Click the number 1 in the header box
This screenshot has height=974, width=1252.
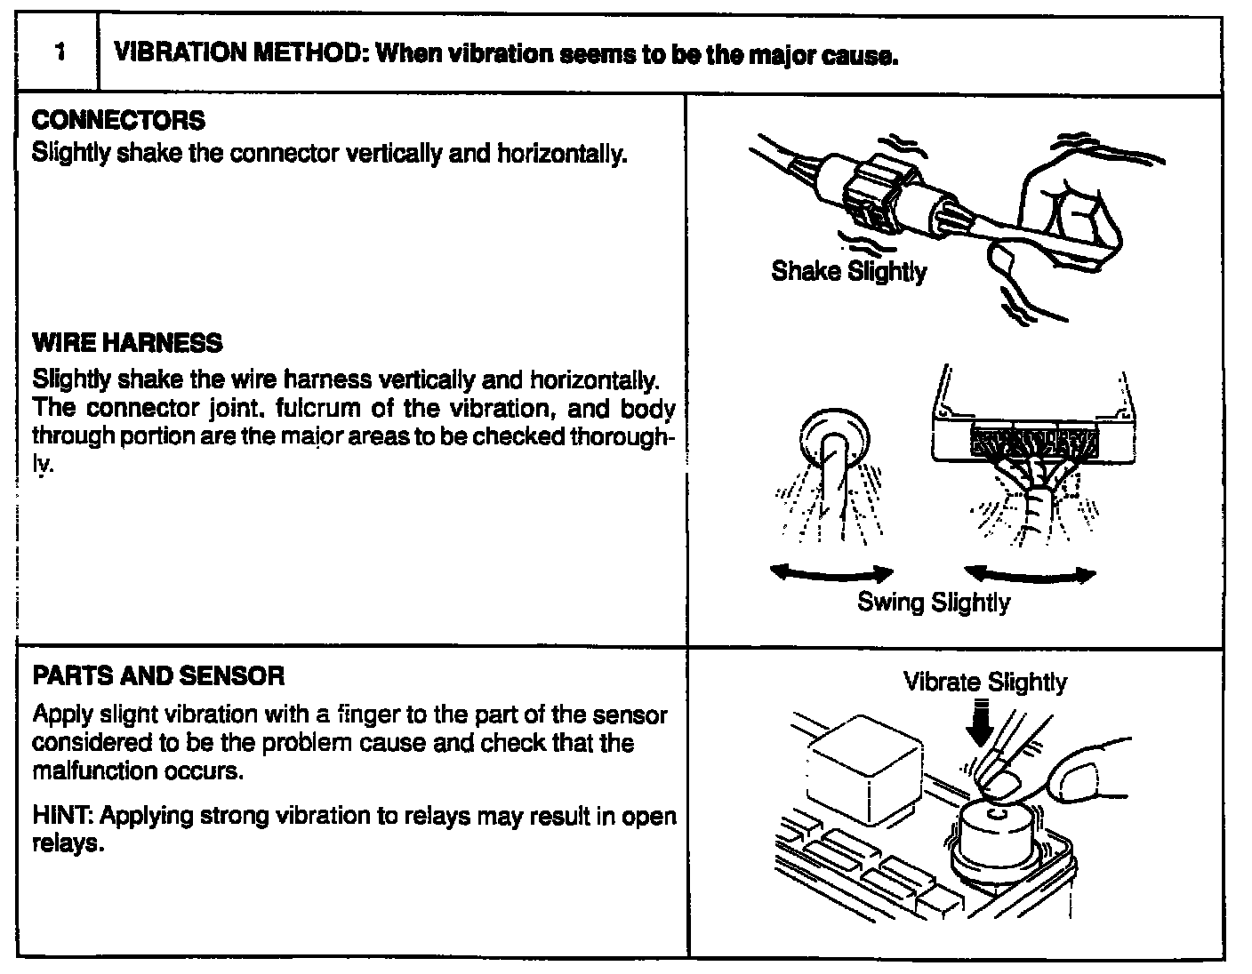point(59,53)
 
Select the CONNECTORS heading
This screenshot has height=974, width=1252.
point(118,121)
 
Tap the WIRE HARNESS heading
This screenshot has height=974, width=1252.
point(127,344)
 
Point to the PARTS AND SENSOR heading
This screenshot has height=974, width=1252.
point(158,676)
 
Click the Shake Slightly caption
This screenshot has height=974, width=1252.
point(848,271)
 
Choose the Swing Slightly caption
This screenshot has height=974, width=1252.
point(933,603)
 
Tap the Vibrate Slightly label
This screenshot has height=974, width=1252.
point(984,683)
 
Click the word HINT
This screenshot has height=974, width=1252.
point(57,816)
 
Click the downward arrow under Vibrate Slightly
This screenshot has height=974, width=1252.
point(980,723)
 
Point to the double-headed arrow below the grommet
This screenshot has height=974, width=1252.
point(831,574)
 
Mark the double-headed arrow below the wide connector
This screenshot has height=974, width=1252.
point(1030,575)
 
